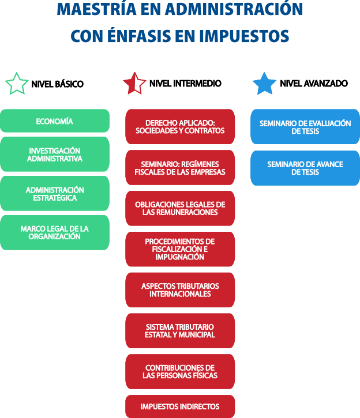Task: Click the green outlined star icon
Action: click(17, 84)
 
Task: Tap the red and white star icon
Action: click(134, 84)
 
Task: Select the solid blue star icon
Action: click(265, 84)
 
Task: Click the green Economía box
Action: click(54, 121)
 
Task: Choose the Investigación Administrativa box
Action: click(54, 155)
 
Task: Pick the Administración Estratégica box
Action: click(54, 194)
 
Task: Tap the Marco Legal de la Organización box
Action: click(54, 232)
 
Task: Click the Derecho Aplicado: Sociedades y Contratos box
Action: click(180, 127)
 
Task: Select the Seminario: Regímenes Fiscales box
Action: click(180, 168)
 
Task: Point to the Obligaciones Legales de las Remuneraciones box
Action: click(180, 208)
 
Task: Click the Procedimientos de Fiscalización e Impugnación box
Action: click(180, 249)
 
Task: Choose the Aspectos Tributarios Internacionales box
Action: click(180, 290)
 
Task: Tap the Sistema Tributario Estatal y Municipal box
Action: click(180, 330)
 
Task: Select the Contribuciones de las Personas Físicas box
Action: click(180, 371)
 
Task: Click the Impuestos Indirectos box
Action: click(180, 406)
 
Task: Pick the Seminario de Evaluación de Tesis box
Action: click(305, 127)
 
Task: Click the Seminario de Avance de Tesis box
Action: click(305, 168)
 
